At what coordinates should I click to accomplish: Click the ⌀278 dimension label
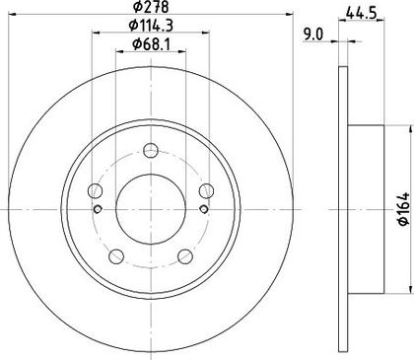[x=151, y=6]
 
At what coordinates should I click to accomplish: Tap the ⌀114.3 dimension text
[x=151, y=25]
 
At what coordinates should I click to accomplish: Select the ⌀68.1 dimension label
[x=151, y=44]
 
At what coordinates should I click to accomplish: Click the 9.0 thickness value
[x=313, y=35]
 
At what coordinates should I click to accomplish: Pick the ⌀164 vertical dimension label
[x=404, y=209]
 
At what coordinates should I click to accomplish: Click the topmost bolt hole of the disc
[x=151, y=151]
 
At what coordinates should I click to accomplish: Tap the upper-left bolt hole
[x=96, y=191]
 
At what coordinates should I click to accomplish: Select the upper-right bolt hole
[x=206, y=191]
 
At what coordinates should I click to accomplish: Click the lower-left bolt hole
[x=116, y=256]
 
